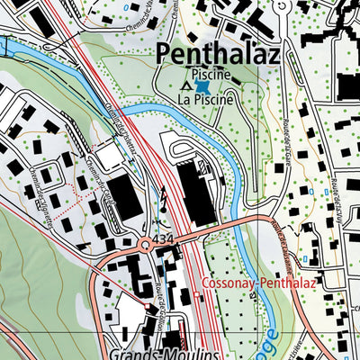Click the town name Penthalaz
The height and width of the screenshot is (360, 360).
(219, 53)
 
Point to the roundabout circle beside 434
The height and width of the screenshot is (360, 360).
(144, 244)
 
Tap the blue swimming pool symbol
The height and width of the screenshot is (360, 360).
(204, 88)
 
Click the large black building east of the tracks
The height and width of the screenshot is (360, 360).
(198, 190)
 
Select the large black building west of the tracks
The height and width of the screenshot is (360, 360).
(125, 198)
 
